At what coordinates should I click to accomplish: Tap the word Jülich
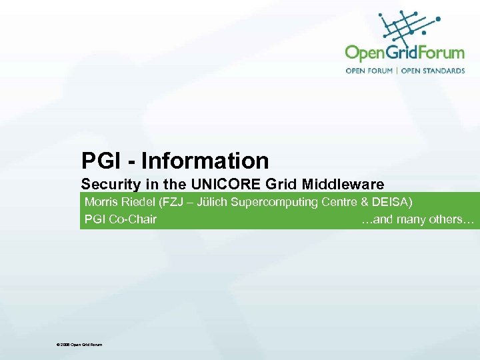click(207, 201)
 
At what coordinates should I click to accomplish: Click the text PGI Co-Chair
click(121, 219)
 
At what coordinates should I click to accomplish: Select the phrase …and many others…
click(417, 219)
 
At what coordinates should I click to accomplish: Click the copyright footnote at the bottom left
click(80, 344)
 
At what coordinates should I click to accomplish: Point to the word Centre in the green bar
click(339, 201)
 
